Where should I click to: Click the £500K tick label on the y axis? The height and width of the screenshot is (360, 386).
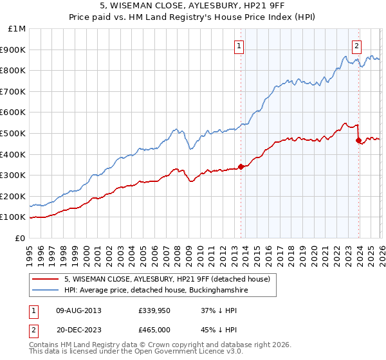click(13, 133)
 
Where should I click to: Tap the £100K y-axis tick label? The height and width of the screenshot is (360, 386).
click(13, 217)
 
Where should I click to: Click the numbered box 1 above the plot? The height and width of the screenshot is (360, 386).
click(239, 46)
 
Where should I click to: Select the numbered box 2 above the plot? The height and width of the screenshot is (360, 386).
click(356, 46)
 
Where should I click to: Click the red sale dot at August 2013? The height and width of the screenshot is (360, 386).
click(241, 166)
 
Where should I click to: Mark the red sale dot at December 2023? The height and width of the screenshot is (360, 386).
click(358, 141)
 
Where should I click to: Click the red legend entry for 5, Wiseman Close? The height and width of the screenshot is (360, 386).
click(170, 278)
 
